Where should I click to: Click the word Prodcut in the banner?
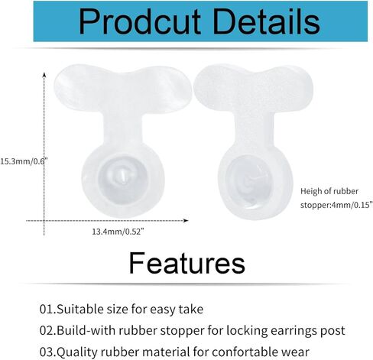(x=140, y=22)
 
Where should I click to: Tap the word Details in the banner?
(x=267, y=21)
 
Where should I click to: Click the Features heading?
(x=187, y=263)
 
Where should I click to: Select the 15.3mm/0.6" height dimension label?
(x=24, y=161)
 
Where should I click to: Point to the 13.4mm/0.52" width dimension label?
(x=118, y=232)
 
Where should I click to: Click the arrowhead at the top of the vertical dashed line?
(x=44, y=75)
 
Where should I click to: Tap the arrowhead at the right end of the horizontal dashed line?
(x=186, y=220)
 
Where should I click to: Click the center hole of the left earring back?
(x=122, y=175)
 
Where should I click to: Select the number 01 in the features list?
(x=47, y=309)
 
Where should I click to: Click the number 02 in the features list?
(x=47, y=330)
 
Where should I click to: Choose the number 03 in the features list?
(x=47, y=352)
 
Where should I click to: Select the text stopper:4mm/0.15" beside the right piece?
(x=336, y=205)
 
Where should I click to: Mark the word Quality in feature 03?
(x=77, y=352)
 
